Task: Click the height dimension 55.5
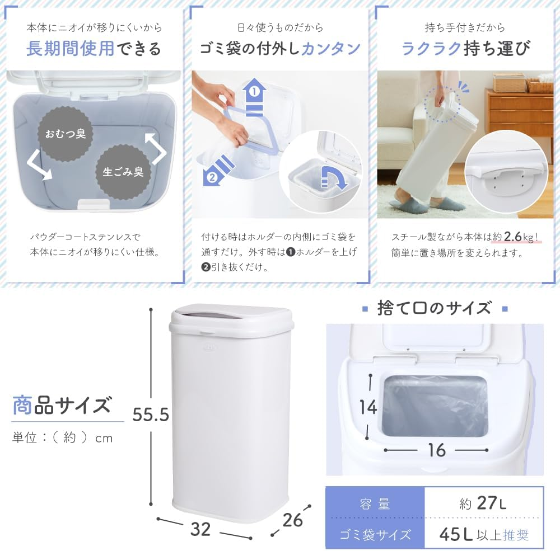click(151, 414)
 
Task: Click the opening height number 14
click(368, 407)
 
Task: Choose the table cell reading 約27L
click(483, 503)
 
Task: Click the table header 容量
click(375, 503)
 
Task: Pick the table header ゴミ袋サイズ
click(375, 535)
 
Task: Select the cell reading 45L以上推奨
click(483, 535)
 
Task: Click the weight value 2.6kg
click(520, 236)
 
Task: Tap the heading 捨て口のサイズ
click(434, 308)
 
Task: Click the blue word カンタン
click(330, 49)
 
